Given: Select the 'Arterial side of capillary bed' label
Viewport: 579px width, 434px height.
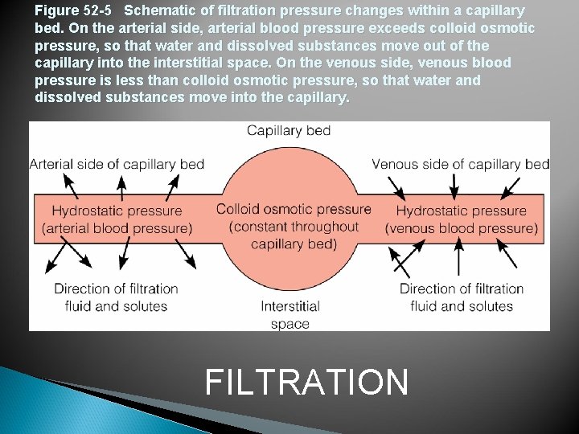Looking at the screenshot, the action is click(x=117, y=164).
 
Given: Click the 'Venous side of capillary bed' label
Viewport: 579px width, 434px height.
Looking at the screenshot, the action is click(x=460, y=164).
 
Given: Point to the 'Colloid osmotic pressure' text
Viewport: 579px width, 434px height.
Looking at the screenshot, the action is click(x=294, y=209).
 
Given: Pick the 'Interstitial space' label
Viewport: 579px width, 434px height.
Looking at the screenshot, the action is click(x=290, y=315).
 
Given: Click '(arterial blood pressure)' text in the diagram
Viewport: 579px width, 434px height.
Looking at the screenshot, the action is click(x=117, y=228).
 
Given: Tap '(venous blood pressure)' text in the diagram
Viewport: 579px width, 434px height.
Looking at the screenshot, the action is click(x=462, y=228).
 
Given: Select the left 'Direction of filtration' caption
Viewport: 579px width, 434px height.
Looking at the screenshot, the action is click(x=116, y=289).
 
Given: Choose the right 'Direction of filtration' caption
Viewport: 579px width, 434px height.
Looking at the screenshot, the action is click(x=462, y=289).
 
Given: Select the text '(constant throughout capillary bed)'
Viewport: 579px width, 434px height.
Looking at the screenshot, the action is click(x=294, y=235).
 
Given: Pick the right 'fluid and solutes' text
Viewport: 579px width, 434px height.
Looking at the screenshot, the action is click(x=462, y=306).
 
